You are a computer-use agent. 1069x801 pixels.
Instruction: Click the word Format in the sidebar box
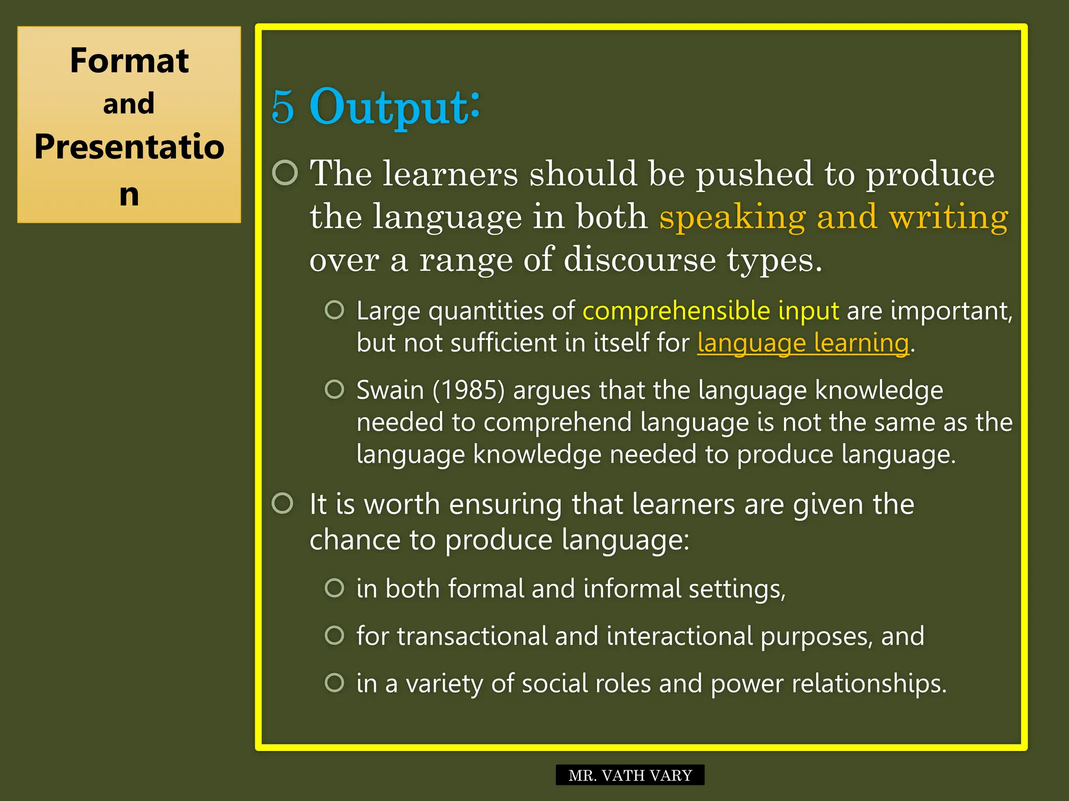tap(129, 60)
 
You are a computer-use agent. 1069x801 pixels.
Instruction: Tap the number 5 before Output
tap(283, 107)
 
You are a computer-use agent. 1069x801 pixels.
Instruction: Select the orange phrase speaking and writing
tap(833, 217)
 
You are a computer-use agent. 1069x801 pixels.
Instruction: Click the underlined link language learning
tap(803, 343)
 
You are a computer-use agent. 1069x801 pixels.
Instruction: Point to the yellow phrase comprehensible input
tap(710, 311)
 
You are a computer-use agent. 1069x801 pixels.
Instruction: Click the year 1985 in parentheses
tap(469, 390)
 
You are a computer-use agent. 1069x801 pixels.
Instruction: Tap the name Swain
tap(390, 390)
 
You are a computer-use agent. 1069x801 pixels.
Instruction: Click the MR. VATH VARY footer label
tap(630, 775)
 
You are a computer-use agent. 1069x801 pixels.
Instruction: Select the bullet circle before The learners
tap(285, 173)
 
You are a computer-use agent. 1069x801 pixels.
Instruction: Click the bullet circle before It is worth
tap(283, 503)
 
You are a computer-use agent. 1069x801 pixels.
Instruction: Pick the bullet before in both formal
tap(334, 588)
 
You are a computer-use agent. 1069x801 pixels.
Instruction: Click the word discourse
tap(639, 260)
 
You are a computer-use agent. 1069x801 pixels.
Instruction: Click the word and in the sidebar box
tap(129, 103)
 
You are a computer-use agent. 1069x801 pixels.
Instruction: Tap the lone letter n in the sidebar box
tap(129, 195)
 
